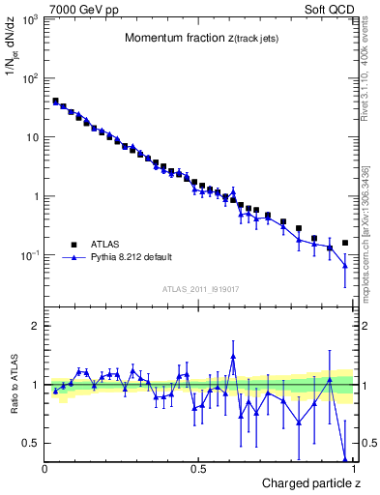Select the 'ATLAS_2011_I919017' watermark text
[x=199, y=289]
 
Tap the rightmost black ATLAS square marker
[x=345, y=243]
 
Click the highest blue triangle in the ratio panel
[x=233, y=357]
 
